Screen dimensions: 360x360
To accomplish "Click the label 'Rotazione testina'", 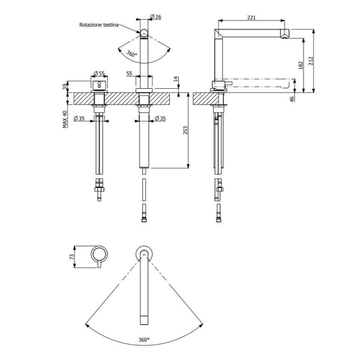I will (100, 25).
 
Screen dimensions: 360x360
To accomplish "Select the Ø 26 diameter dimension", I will (155, 17).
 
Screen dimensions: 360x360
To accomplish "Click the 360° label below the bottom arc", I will (144, 340).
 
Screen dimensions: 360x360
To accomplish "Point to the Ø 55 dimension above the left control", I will (100, 74).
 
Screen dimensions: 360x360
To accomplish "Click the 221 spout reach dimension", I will (251, 18).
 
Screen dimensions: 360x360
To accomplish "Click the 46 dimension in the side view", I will (292, 98).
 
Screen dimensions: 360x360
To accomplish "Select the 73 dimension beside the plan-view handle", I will (72, 256).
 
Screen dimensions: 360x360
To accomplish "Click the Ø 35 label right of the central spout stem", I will (160, 118).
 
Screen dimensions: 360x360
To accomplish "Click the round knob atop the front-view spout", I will (143, 32).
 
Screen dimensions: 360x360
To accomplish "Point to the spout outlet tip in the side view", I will (284, 34).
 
